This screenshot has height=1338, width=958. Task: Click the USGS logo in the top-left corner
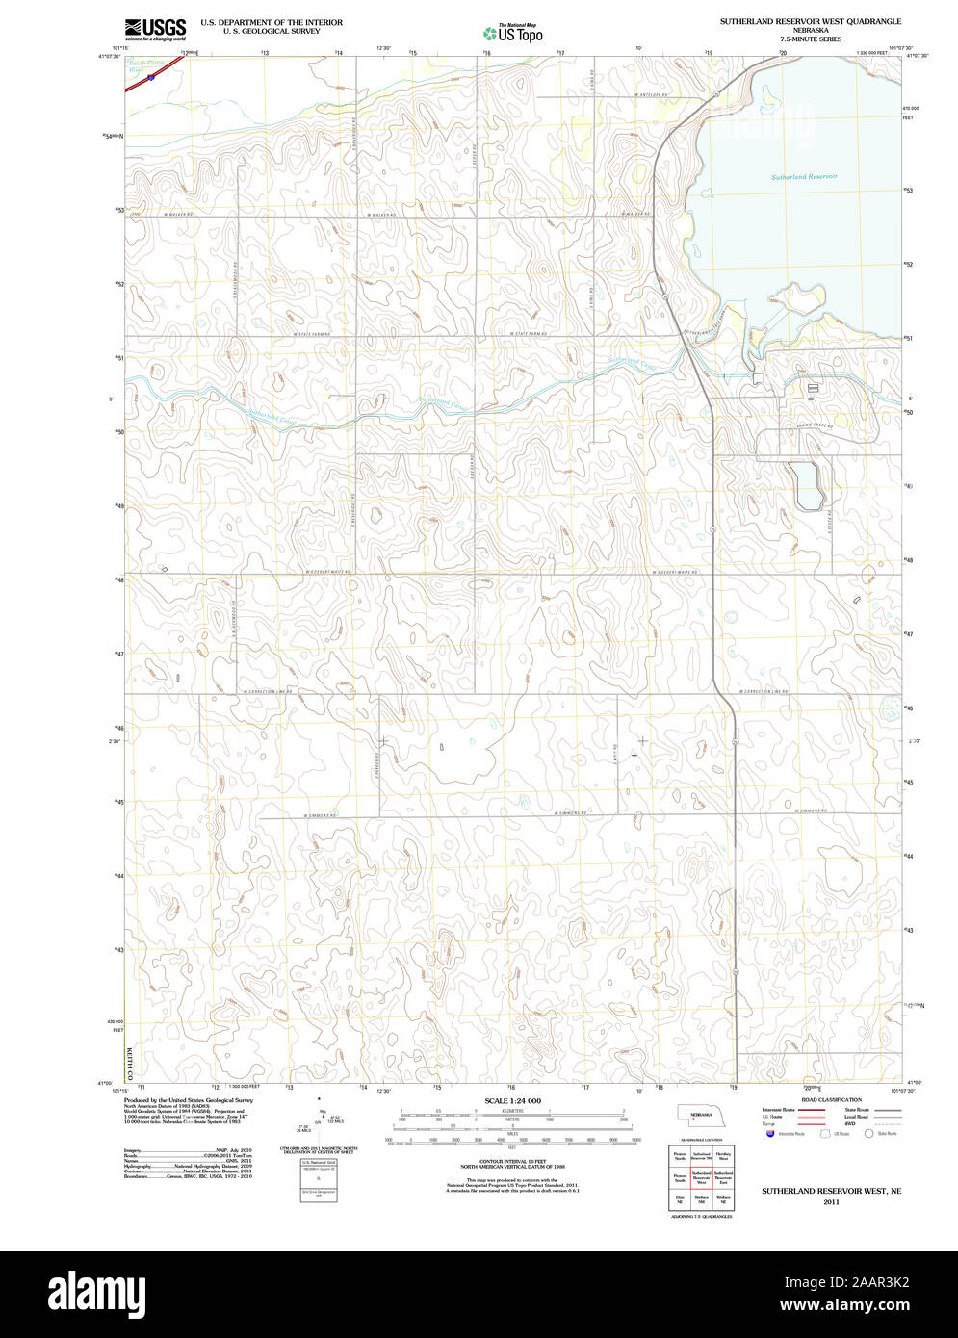156,28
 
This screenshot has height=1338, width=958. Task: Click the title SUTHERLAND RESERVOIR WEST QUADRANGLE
811,20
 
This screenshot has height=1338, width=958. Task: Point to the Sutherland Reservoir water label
804,176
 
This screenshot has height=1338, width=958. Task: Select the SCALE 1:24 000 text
512,1100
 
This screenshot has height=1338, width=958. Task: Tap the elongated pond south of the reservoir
805,485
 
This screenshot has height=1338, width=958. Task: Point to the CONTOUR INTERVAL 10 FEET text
512,1162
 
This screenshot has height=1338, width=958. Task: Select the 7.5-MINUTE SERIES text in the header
811,39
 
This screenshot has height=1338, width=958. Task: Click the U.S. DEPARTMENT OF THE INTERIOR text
272,22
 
